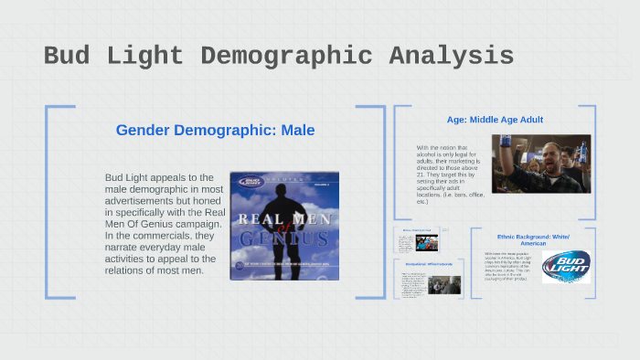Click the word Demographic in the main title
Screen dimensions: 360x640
pos(286,56)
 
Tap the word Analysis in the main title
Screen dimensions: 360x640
pos(448,56)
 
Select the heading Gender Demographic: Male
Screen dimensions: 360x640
pos(215,131)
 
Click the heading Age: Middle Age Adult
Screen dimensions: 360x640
pos(496,120)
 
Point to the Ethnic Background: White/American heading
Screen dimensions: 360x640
pos(533,240)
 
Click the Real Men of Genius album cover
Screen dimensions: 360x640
pos(283,225)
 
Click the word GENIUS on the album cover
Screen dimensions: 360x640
pos(283,239)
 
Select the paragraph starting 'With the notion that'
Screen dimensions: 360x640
pos(448,174)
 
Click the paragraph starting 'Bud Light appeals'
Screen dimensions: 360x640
pos(165,224)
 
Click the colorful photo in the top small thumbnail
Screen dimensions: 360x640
pos(427,242)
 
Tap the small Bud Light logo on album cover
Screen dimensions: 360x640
pos(244,183)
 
